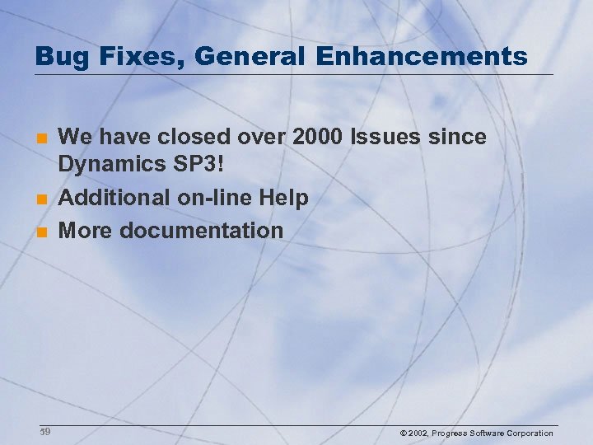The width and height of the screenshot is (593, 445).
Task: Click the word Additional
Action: pyautogui.click(x=114, y=198)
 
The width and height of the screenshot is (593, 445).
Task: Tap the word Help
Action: pyautogui.click(x=284, y=198)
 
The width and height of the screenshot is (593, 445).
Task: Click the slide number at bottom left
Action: pyautogui.click(x=45, y=432)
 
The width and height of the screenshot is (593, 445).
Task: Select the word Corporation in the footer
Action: pyautogui.click(x=530, y=433)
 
